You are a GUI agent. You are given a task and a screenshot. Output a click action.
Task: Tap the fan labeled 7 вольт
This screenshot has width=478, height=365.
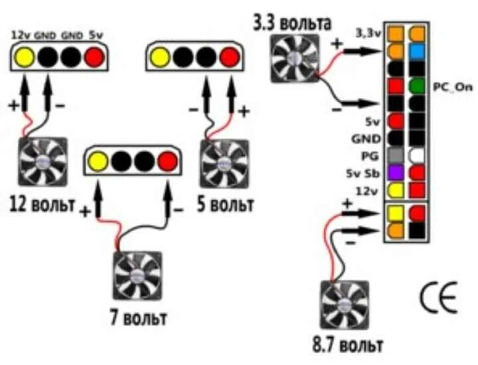pos(137,274)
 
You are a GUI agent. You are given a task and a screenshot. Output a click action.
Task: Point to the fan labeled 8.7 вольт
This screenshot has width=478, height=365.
pos(344,304)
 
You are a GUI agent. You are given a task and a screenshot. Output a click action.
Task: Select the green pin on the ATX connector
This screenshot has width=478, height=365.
pos(418,86)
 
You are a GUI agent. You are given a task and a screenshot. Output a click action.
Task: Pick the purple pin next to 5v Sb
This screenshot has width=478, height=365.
pos(396,173)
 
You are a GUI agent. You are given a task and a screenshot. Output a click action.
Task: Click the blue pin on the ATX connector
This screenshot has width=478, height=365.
pos(418,51)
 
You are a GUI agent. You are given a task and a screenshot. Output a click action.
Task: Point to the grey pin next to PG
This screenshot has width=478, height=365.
pos(396,155)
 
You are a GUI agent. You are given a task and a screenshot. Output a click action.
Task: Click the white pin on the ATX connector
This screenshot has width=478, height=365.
pos(418,156)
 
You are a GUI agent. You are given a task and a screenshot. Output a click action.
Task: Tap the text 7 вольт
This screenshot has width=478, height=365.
pos(137,317)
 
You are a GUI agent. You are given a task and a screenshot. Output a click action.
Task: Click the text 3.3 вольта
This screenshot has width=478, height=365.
pos(291,23)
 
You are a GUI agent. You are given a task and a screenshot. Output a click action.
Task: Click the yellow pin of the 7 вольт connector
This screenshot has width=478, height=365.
pos(98,161)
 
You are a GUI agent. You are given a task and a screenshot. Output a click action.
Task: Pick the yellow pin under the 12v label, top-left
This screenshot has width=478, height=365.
pos(25,58)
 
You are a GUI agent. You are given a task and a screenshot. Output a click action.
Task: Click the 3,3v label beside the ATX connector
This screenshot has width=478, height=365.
pos(368,32)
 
